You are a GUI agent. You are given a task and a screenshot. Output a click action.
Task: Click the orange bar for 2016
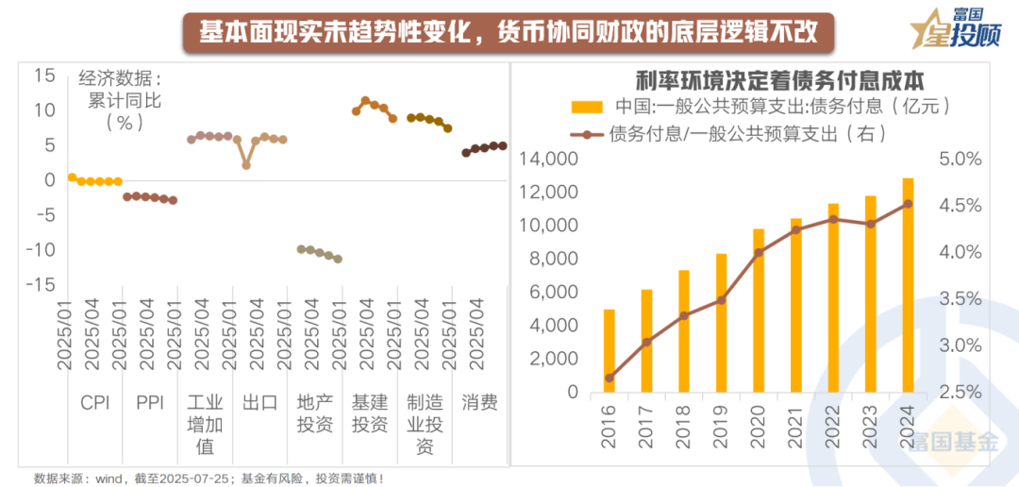pyautogui.click(x=610, y=350)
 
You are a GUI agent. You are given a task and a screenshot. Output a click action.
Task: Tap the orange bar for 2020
pyautogui.click(x=759, y=310)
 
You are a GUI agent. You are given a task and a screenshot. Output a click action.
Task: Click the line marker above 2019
pyautogui.click(x=721, y=300)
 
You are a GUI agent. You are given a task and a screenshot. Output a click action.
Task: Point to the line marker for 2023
pyautogui.click(x=871, y=224)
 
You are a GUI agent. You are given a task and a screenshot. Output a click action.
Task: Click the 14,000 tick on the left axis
pyautogui.click(x=547, y=160)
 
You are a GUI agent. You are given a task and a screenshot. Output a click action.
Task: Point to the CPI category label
pyautogui.click(x=94, y=403)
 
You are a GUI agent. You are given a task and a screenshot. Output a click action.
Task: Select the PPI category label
pyautogui.click(x=149, y=403)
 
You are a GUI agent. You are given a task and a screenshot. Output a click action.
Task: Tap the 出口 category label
pyautogui.click(x=259, y=403)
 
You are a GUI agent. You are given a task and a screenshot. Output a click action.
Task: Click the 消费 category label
pyautogui.click(x=479, y=403)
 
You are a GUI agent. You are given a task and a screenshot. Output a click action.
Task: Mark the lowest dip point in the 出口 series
pyautogui.click(x=246, y=165)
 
